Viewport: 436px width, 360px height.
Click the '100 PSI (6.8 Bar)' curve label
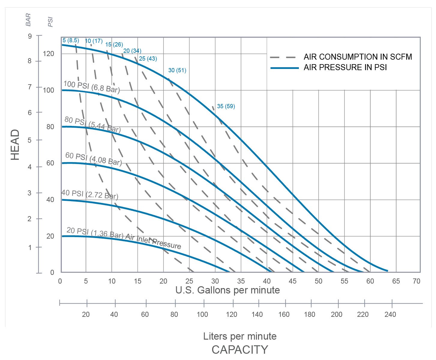tap(92, 87)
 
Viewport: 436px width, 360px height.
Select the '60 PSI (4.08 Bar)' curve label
tap(94, 159)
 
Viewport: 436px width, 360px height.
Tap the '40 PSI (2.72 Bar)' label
tap(90, 194)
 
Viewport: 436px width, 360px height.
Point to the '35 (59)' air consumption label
tap(226, 106)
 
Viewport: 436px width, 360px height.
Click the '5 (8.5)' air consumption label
tap(71, 40)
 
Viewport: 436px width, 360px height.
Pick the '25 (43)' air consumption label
tap(148, 59)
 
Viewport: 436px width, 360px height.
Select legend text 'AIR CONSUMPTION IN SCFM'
tap(358, 57)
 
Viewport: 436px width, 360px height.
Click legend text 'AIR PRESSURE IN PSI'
tap(345, 67)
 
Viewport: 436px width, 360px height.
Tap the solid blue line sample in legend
tap(284, 68)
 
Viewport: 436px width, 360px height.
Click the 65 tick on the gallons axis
tap(396, 281)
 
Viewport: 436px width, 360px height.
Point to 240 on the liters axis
tap(390, 314)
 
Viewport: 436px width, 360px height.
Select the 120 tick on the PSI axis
tap(49, 54)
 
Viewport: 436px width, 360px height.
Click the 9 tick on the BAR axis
tap(29, 36)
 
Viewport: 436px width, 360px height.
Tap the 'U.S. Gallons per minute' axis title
tap(227, 290)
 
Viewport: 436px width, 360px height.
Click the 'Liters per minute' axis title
tap(240, 336)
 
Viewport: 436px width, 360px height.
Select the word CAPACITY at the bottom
tap(240, 350)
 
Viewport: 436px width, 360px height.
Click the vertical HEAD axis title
tap(15, 145)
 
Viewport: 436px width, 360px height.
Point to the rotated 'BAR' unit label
tap(28, 19)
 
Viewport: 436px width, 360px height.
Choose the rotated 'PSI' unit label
tap(50, 22)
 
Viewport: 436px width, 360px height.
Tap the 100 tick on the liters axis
tap(203, 314)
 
